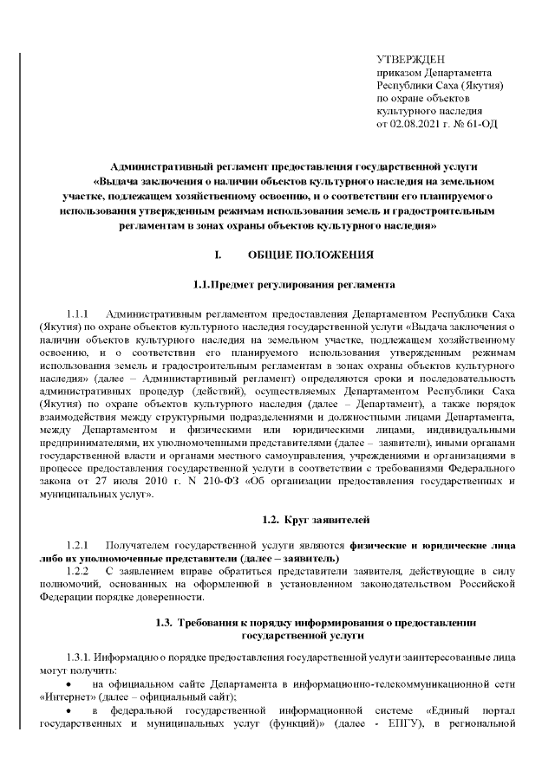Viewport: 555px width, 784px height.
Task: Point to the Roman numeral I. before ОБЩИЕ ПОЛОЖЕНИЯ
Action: [218, 255]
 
